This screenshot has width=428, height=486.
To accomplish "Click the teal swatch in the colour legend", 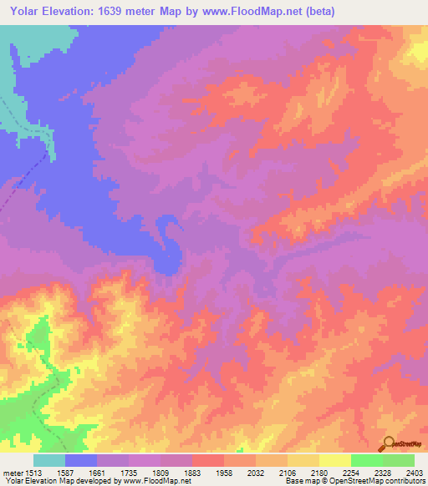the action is pos(49,460).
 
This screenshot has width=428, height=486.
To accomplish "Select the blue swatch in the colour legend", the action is pos(81,460).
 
